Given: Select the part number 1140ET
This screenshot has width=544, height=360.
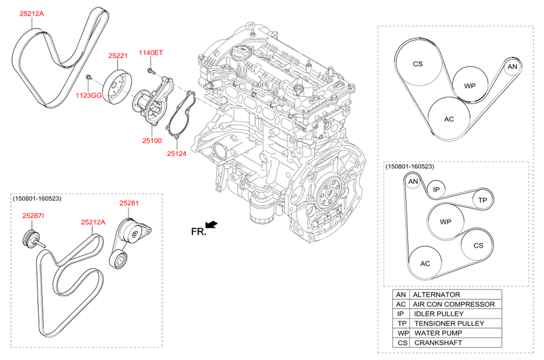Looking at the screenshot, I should (151, 52).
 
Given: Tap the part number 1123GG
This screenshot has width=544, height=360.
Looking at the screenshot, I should (88, 97).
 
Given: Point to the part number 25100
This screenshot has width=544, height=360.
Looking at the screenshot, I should (152, 140).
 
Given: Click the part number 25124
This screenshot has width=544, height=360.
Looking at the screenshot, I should (177, 154).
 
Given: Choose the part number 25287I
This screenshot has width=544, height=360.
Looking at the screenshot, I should (33, 216).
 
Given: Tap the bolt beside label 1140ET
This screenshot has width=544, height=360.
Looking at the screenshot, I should (148, 69).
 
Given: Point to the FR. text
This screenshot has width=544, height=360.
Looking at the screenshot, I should (199, 232).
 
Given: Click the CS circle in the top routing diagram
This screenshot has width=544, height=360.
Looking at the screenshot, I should (418, 64).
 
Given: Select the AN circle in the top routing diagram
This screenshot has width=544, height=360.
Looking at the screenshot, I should (513, 67).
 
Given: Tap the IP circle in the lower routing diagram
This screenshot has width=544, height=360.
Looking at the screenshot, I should (437, 190).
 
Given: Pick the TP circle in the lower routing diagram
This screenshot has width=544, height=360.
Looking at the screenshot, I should (482, 200).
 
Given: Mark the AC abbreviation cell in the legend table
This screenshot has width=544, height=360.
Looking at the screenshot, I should (401, 304).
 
